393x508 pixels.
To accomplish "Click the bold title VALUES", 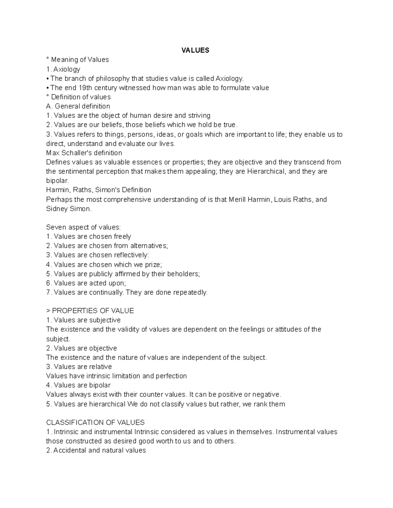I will (196, 50).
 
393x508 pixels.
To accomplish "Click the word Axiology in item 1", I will (67, 69).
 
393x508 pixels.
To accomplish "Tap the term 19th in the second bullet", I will (85, 88).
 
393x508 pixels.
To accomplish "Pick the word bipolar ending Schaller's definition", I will (57, 181).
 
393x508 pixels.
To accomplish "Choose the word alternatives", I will (148, 246).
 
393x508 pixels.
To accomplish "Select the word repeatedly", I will (191, 292).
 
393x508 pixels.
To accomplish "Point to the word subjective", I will (105, 320).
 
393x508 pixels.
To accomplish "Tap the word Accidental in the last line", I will (70, 450).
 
